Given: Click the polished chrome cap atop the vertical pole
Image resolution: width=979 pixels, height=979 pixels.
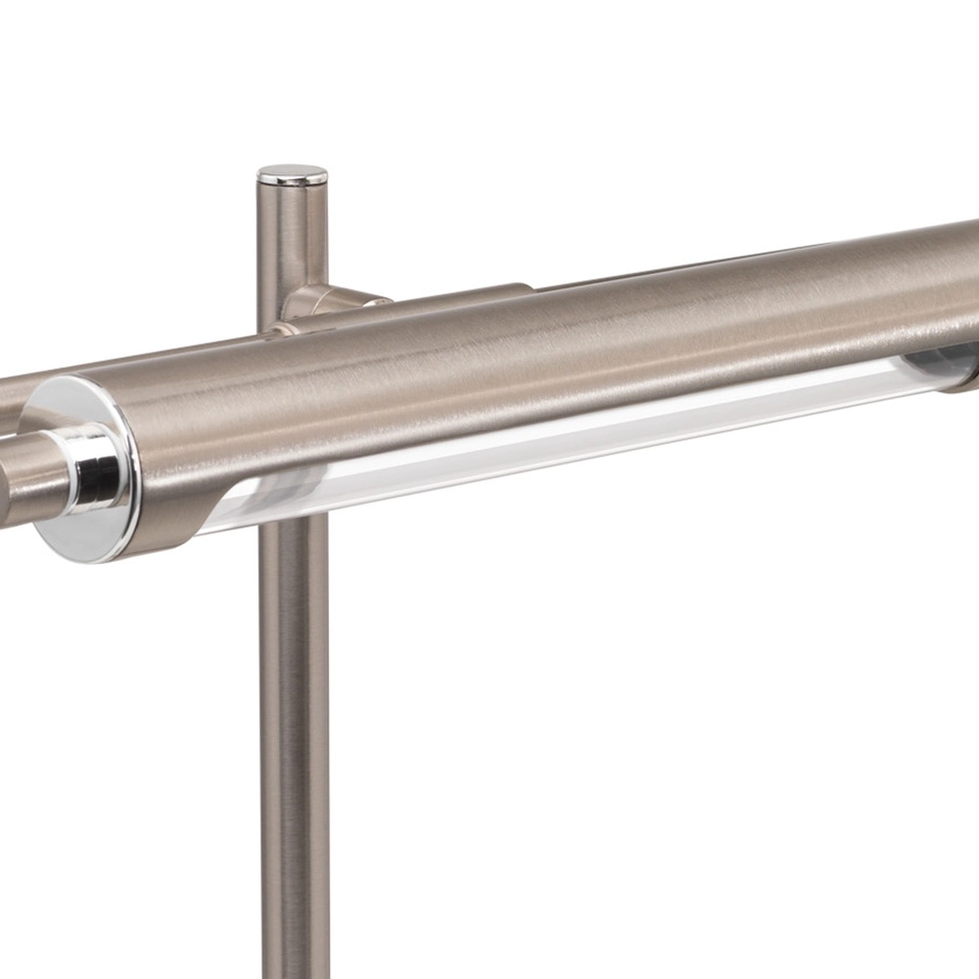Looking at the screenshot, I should click(292, 176).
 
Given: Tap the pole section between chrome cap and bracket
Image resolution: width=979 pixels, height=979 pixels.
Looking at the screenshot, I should click(292, 235).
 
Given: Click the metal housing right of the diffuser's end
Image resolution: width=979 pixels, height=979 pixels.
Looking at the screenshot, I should click(964, 377).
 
